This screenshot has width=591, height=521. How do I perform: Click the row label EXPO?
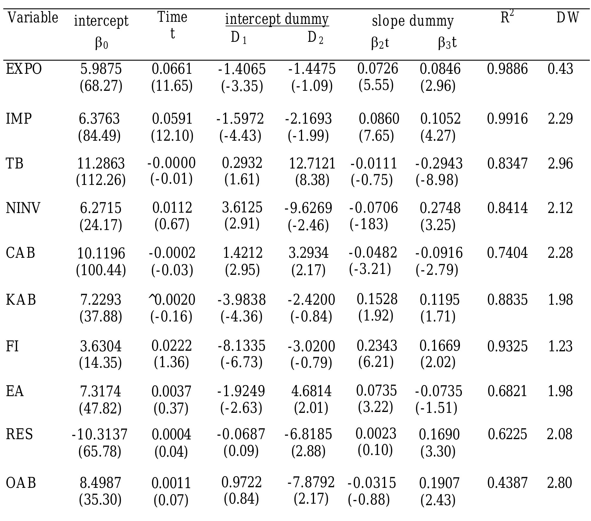pyautogui.click(x=24, y=69)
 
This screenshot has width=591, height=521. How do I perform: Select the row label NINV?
pyautogui.click(x=23, y=208)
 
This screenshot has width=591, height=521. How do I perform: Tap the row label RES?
pyautogui.click(x=19, y=434)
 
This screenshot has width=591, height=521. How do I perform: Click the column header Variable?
pyautogui.click(x=33, y=17)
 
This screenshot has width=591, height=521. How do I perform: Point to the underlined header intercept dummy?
pyautogui.click(x=277, y=19)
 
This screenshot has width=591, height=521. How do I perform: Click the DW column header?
pyautogui.click(x=567, y=18)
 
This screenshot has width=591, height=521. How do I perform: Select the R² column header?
pyautogui.click(x=507, y=17)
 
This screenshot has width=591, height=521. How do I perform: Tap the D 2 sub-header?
pyautogui.click(x=315, y=38)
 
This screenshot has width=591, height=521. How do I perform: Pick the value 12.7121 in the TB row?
pyautogui.click(x=312, y=163)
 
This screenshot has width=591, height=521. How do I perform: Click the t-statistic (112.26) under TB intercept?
pyautogui.click(x=101, y=180)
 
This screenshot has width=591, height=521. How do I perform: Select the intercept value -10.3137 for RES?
pyautogui.click(x=99, y=434)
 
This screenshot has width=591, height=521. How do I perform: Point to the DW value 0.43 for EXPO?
pyautogui.click(x=560, y=69)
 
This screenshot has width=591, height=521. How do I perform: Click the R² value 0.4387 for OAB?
pyautogui.click(x=507, y=483)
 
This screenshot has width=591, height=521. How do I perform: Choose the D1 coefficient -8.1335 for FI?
pyautogui.click(x=241, y=346)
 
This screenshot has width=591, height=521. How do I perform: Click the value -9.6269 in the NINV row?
pyautogui.click(x=308, y=208)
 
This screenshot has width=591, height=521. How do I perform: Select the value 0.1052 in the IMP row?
pyautogui.click(x=440, y=119)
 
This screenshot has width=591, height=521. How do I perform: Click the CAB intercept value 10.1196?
pyautogui.click(x=101, y=253)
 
